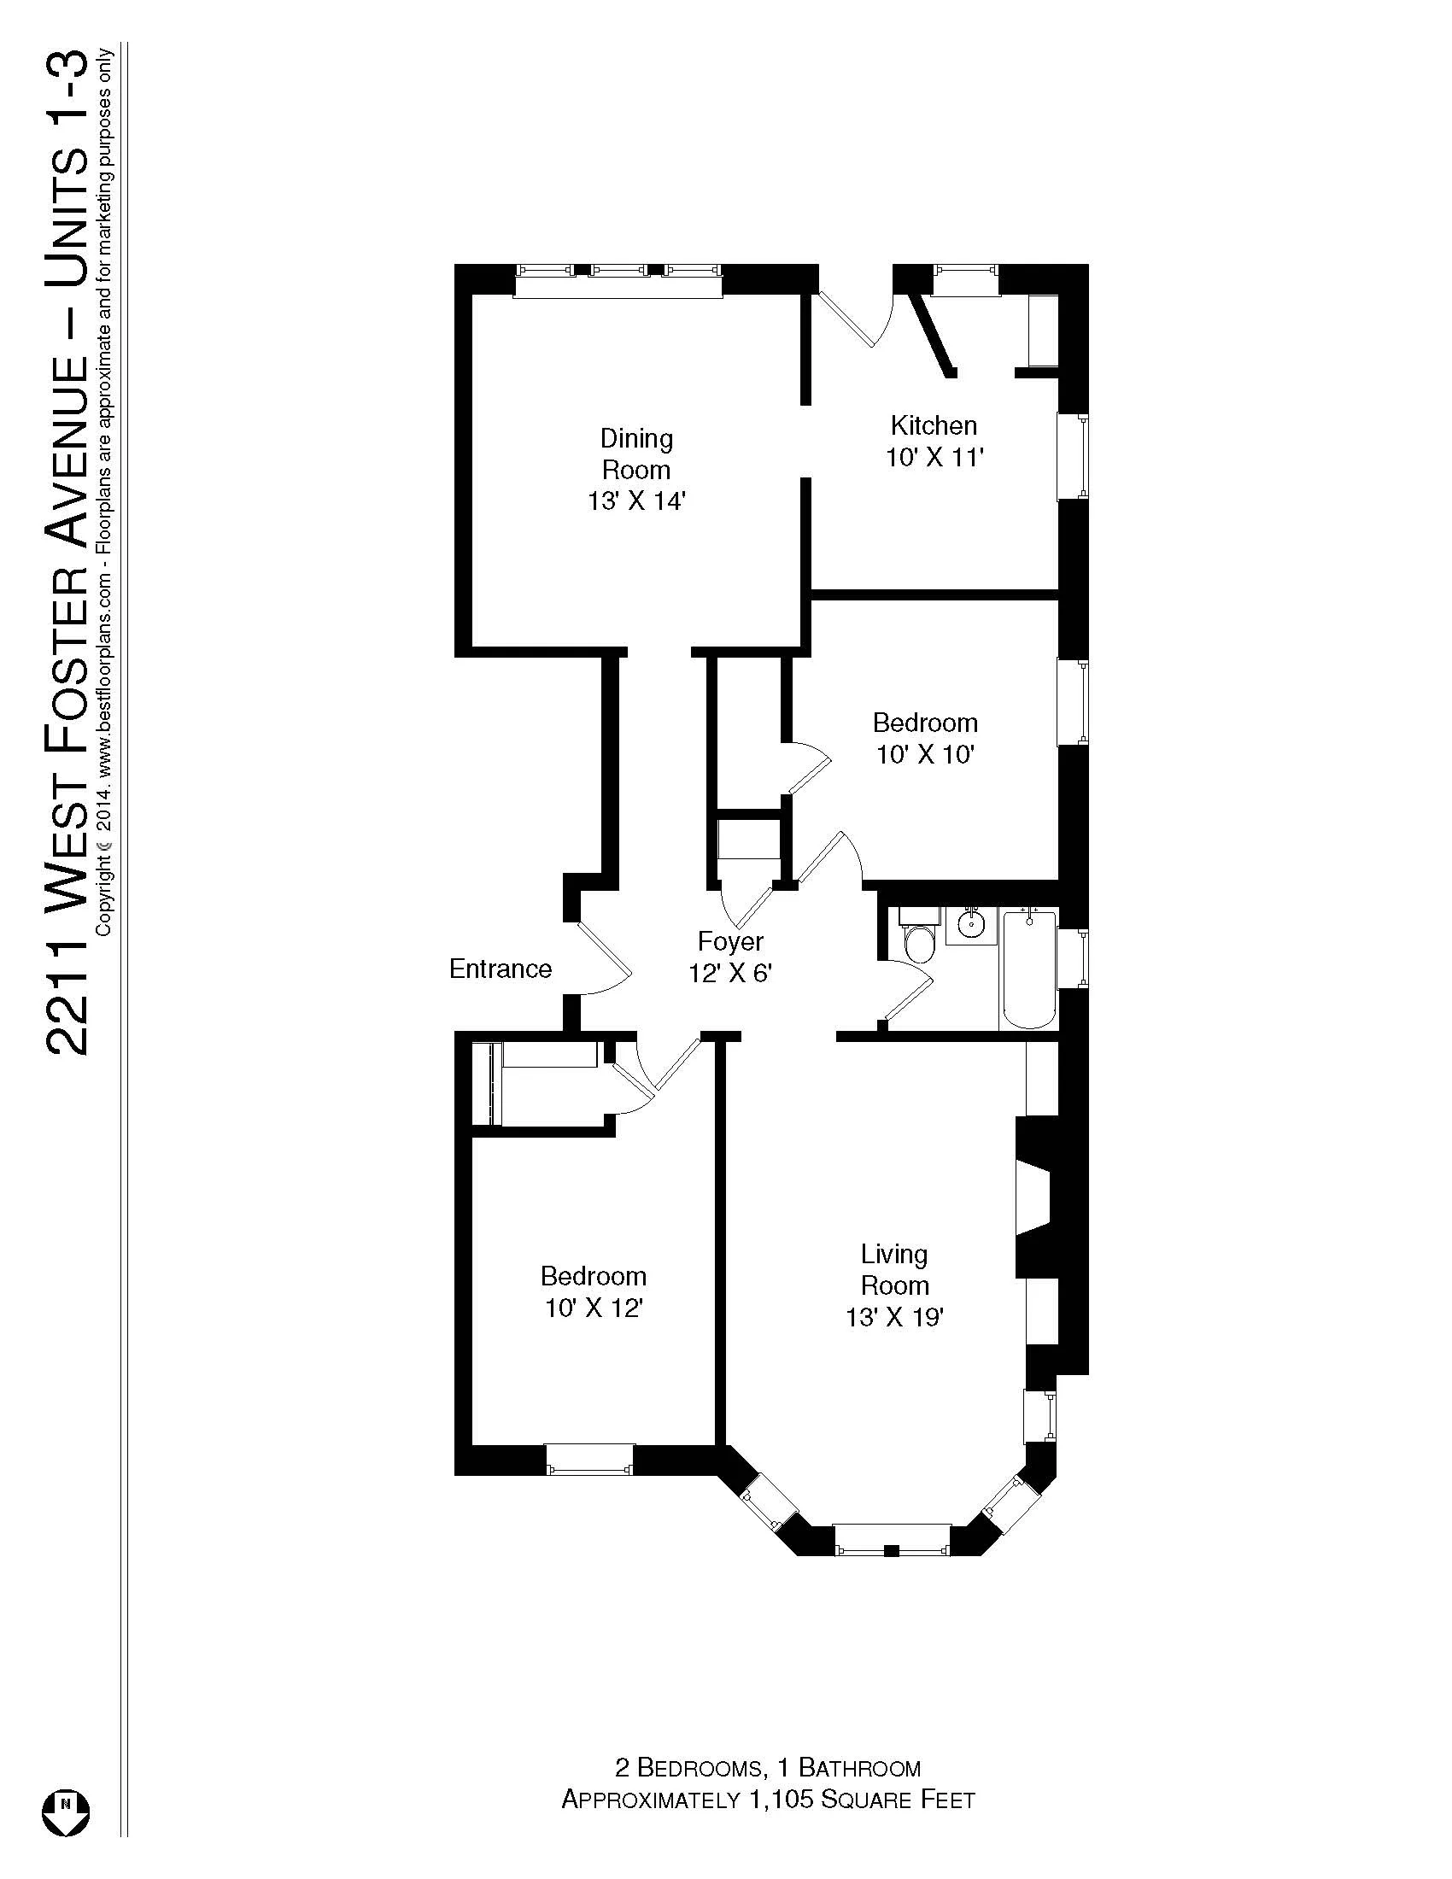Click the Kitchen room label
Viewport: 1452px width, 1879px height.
pyautogui.click(x=934, y=425)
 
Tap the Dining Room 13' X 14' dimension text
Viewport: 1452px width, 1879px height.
pyautogui.click(x=635, y=500)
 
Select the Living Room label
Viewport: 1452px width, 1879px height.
pyautogui.click(x=894, y=1270)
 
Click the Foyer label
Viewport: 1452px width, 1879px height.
pyautogui.click(x=730, y=941)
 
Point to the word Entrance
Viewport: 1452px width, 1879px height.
pyautogui.click(x=500, y=969)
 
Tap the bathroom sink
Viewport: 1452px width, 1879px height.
pyautogui.click(x=971, y=925)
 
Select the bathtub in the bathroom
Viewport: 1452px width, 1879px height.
pyautogui.click(x=1030, y=969)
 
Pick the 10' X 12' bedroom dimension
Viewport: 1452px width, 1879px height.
pyautogui.click(x=594, y=1308)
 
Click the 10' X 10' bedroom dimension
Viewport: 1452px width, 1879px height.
pyautogui.click(x=925, y=754)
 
